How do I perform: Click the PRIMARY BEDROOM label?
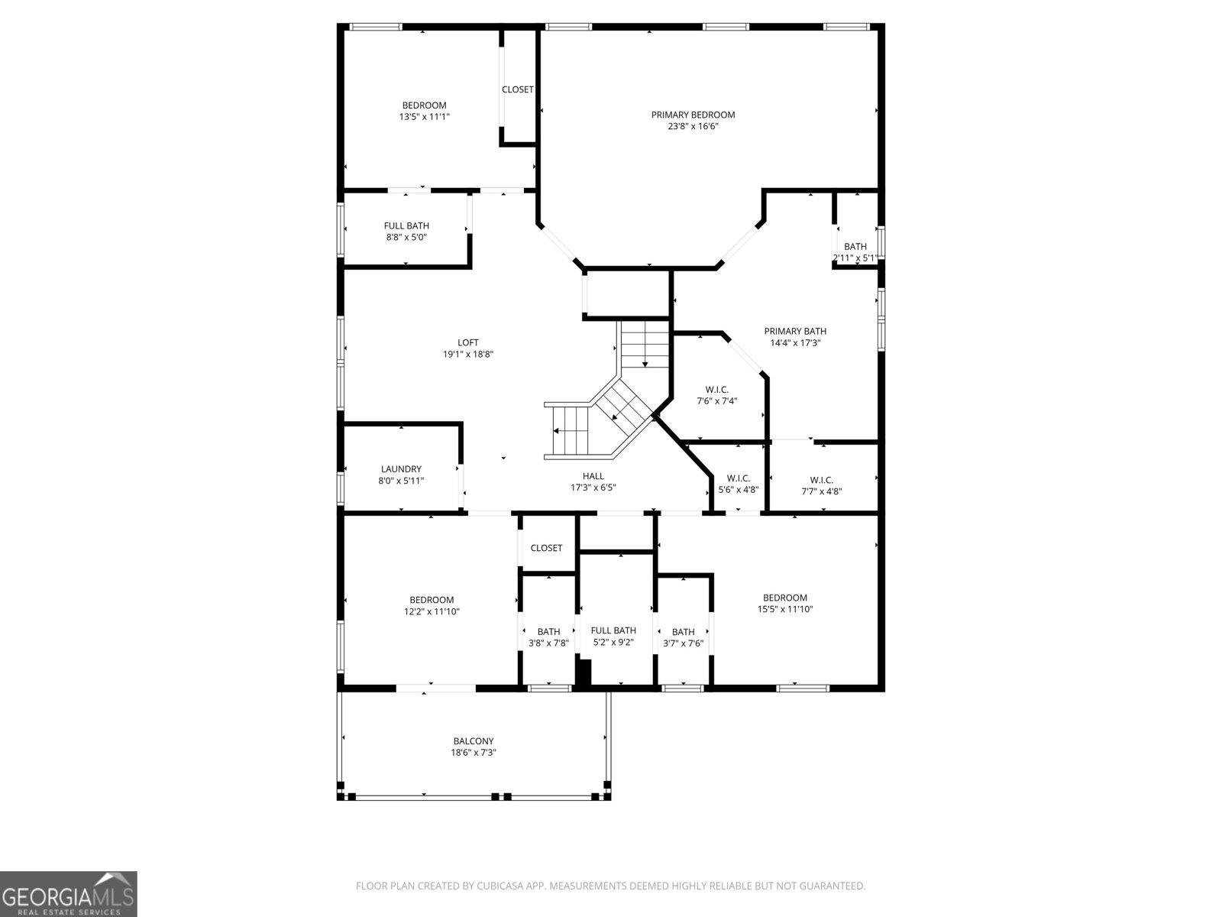[693, 115]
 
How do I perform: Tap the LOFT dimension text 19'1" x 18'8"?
[467, 355]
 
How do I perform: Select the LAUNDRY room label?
[401, 469]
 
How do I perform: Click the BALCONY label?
[474, 740]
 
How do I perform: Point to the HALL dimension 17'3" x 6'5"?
[593, 488]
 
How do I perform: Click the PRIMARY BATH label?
[795, 331]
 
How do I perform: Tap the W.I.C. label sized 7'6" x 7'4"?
[716, 390]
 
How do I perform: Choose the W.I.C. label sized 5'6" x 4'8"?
[738, 478]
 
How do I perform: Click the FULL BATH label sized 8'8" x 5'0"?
[406, 225]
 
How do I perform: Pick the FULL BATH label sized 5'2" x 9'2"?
[613, 630]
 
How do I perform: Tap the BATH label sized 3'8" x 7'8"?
[548, 631]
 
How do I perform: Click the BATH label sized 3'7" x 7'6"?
[683, 631]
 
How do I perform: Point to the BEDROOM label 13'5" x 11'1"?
[424, 105]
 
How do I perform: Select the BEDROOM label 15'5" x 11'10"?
[784, 598]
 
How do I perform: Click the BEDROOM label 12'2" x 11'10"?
[432, 600]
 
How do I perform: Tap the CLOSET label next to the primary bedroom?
[517, 89]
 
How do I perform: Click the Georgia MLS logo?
[69, 893]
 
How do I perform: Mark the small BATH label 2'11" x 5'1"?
[855, 246]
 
